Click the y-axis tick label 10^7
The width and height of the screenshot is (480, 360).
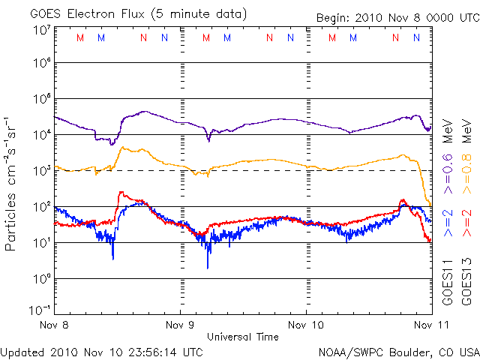pos(40,30)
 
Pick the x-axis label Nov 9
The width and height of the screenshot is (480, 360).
pos(180,325)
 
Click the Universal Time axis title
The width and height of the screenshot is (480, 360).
pos(243,337)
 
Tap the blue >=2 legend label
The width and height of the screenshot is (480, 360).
pos(448,223)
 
